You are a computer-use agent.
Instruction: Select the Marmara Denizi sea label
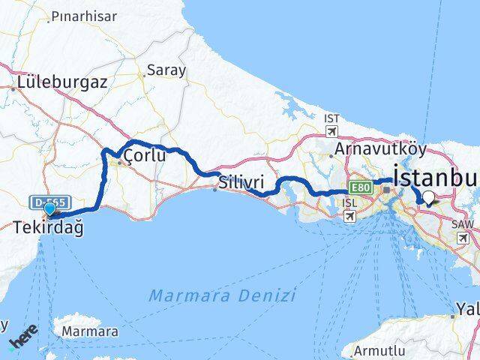(x=222, y=295)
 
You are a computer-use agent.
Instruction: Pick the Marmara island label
(x=90, y=331)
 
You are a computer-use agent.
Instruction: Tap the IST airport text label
(x=331, y=118)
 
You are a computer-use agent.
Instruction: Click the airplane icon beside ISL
(x=349, y=216)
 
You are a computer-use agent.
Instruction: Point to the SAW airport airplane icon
(x=463, y=238)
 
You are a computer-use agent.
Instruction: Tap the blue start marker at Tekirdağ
(x=50, y=210)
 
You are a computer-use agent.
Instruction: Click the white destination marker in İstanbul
(x=428, y=198)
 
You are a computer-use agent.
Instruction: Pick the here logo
(x=22, y=339)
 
